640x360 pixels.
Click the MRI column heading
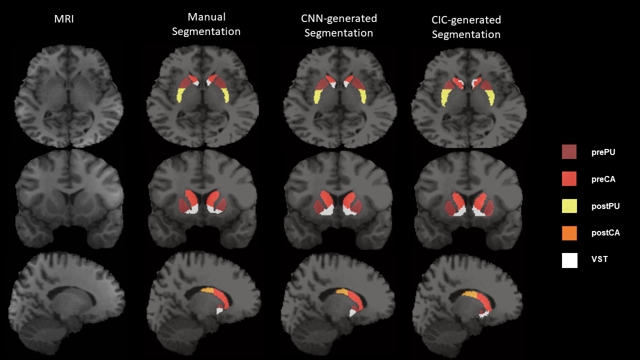click(66, 19)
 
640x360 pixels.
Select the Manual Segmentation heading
click(206, 24)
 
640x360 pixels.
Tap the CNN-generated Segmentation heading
click(338, 26)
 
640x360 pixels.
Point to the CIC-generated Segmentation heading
click(466, 27)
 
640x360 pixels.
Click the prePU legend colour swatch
click(569, 152)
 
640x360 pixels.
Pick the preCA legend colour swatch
click(569, 178)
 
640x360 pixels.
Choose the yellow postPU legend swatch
click(569, 205)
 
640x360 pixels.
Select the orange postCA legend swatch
click(569, 232)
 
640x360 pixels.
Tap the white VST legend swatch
click(569, 260)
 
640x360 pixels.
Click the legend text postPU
click(605, 206)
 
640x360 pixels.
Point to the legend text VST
click(599, 260)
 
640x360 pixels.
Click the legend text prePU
click(602, 152)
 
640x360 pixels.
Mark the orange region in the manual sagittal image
click(207, 290)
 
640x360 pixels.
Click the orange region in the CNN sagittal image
click(342, 291)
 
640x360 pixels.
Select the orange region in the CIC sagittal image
click(470, 295)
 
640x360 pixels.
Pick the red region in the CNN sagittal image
click(355, 300)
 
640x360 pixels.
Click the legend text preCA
click(602, 179)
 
